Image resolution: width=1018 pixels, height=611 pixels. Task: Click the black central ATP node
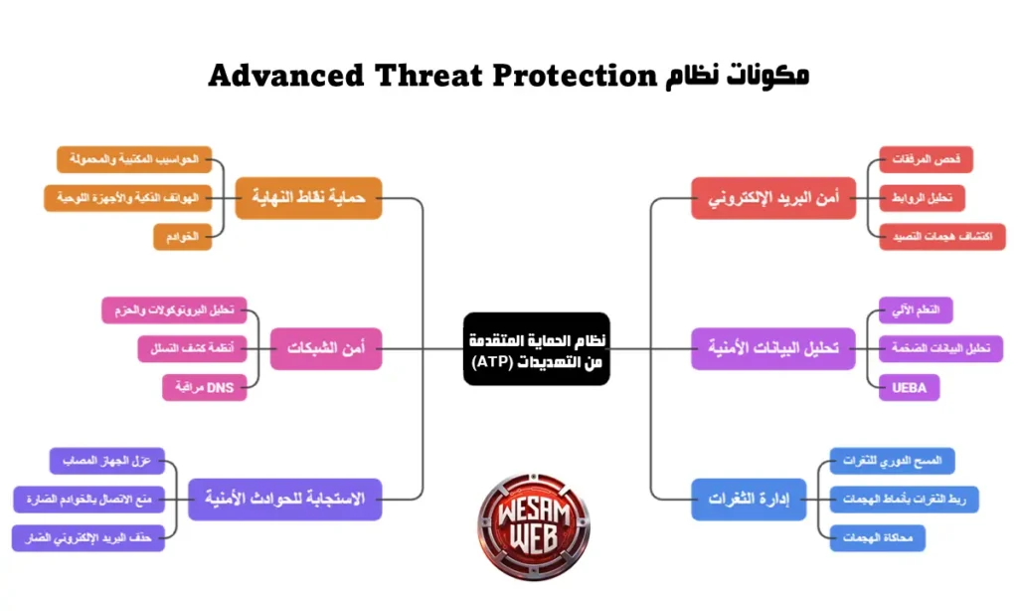click(x=536, y=349)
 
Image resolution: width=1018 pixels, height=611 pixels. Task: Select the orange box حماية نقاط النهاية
click(x=308, y=198)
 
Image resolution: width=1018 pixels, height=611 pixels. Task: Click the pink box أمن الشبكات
click(x=326, y=348)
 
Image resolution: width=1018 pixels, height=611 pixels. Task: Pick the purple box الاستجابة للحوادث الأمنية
click(x=284, y=498)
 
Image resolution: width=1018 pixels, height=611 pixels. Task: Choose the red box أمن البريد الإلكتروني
click(x=773, y=198)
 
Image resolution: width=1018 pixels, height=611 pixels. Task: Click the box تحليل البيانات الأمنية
click(x=772, y=348)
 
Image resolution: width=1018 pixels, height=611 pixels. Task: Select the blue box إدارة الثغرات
click(x=748, y=498)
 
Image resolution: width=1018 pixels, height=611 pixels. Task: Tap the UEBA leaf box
click(x=909, y=387)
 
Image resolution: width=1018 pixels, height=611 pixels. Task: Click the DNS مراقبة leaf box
click(x=205, y=387)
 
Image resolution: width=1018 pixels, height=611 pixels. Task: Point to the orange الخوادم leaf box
click(x=183, y=237)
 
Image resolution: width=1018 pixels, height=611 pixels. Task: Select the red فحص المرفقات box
click(x=926, y=159)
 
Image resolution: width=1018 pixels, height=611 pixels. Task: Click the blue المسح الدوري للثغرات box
click(x=892, y=460)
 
